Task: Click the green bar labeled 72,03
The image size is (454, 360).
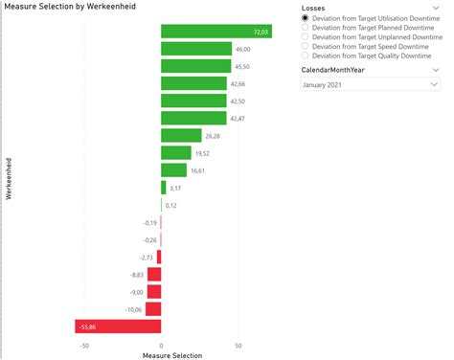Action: (216, 32)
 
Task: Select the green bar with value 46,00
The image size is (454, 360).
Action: (196, 49)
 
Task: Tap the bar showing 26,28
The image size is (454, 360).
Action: (181, 136)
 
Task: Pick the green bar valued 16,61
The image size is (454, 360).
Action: (173, 170)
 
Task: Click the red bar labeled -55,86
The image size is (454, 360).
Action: (118, 327)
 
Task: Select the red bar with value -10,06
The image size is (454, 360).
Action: (154, 309)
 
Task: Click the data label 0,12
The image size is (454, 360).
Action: (171, 205)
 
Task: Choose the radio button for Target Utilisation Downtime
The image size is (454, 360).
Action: (306, 19)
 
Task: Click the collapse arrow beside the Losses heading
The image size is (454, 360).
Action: (435, 7)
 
